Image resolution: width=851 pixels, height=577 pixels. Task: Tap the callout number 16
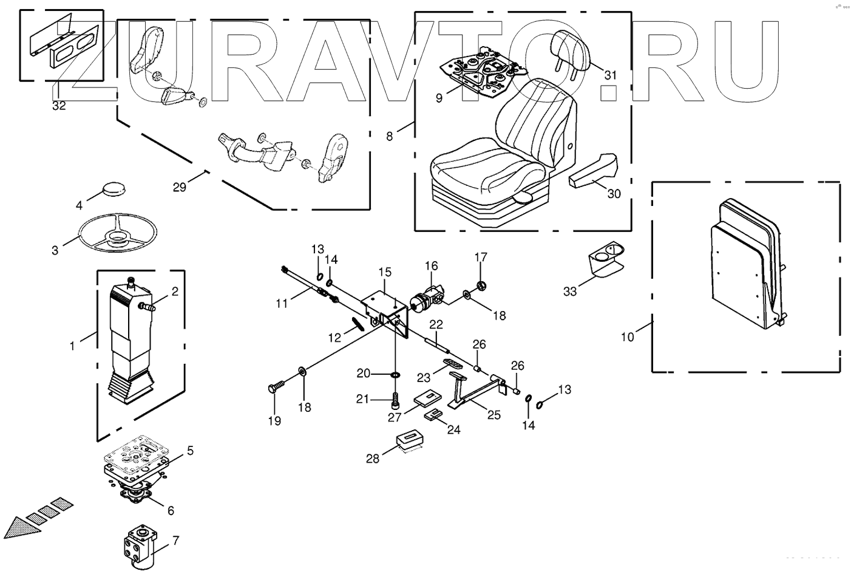[431, 265]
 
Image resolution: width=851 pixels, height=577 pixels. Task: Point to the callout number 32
[59, 105]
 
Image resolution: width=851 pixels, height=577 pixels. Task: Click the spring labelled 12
[358, 323]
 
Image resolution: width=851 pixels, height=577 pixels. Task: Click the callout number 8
[389, 136]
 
